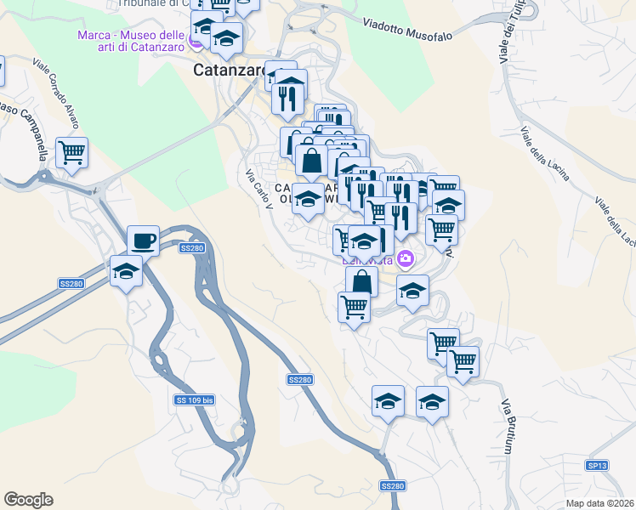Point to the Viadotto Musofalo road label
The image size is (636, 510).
[x=406, y=31]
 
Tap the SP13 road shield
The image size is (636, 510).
[x=597, y=465]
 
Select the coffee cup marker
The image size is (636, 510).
[x=144, y=240]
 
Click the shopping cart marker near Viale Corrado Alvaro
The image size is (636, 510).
[x=72, y=153]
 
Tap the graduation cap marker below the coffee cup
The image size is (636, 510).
[x=127, y=271]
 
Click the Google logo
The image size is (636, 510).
[x=28, y=500]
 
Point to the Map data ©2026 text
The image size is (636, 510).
[x=600, y=502]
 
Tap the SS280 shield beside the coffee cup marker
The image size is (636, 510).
[x=191, y=248]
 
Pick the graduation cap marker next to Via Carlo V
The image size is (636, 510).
[x=308, y=199]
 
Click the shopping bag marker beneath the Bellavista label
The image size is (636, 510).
[x=361, y=281]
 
